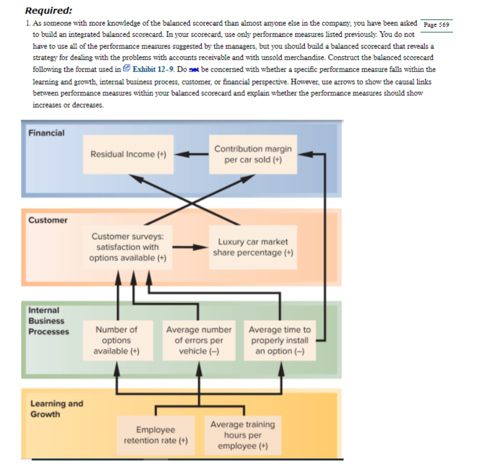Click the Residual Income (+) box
pos(128,154)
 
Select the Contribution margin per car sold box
pos(253,154)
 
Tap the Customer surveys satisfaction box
pos(128,247)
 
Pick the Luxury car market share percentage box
pos(253,247)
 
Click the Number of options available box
pos(116,341)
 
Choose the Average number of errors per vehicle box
pos(199,341)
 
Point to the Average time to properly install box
pos(280,341)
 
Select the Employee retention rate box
pos(156,435)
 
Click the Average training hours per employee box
pos(243,435)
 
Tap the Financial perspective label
pos(46,133)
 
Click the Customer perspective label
pos(48,220)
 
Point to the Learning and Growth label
pos(57,409)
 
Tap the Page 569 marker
pos(437,24)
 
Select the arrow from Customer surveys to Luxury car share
pos(190,247)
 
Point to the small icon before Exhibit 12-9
pos(127,70)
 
